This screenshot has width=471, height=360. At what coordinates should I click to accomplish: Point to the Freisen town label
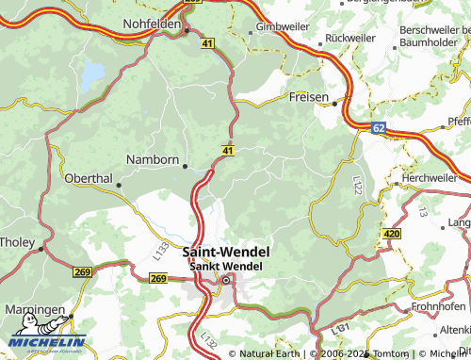point(309,97)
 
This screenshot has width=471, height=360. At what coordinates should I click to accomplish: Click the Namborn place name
point(153,160)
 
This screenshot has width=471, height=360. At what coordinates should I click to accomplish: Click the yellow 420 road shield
point(393,233)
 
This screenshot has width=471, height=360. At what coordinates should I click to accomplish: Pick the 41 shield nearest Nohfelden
point(207,42)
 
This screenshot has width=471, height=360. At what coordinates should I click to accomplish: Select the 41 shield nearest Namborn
point(229,150)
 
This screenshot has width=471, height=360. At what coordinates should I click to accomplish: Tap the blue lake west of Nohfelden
point(92,74)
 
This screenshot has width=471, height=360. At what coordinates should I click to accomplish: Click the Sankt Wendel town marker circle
point(225,279)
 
